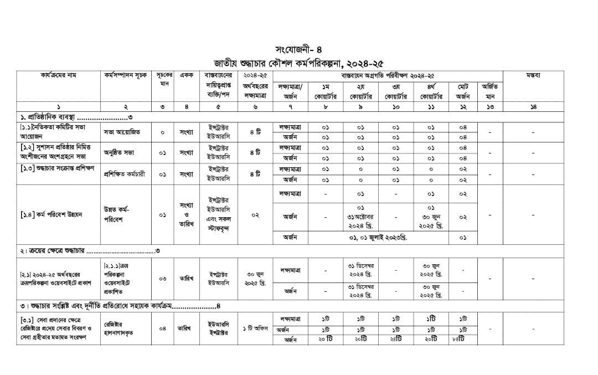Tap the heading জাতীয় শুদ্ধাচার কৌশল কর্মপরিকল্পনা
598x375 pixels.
coord(298,62)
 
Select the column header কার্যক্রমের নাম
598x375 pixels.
coord(59,75)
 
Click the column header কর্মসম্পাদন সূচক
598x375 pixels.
coord(126,75)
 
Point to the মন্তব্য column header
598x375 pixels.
coord(533,75)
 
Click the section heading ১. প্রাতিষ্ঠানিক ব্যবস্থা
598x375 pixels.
coord(74,117)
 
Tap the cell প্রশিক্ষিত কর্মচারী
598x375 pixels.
coord(124,174)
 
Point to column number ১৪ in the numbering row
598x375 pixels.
coord(533,106)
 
